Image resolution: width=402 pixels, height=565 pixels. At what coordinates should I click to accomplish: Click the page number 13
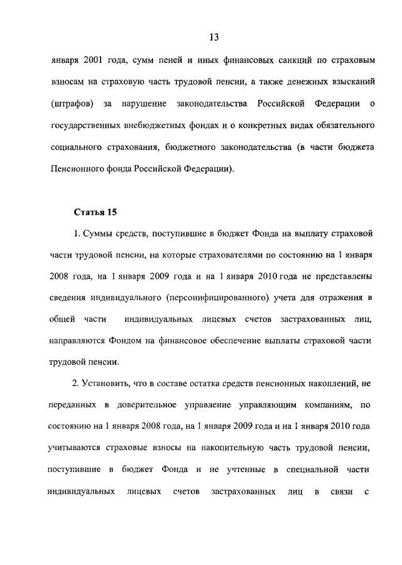pyautogui.click(x=214, y=37)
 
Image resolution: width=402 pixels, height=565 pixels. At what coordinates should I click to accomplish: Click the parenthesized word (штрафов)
pyautogui.click(x=73, y=102)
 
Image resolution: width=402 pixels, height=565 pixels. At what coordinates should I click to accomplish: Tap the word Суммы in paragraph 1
pyautogui.click(x=100, y=234)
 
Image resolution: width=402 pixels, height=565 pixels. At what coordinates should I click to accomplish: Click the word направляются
pyautogui.click(x=78, y=341)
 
